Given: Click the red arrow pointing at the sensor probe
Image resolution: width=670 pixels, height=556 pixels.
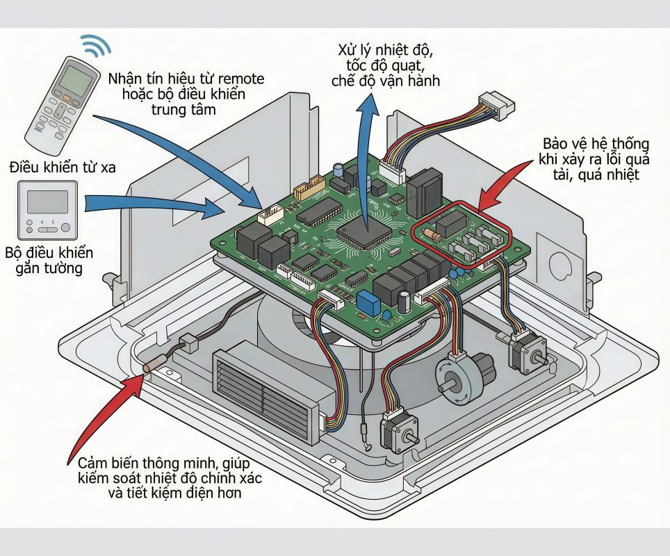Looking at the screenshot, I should (104, 417).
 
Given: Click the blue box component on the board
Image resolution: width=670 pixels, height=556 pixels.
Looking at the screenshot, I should (366, 301).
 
